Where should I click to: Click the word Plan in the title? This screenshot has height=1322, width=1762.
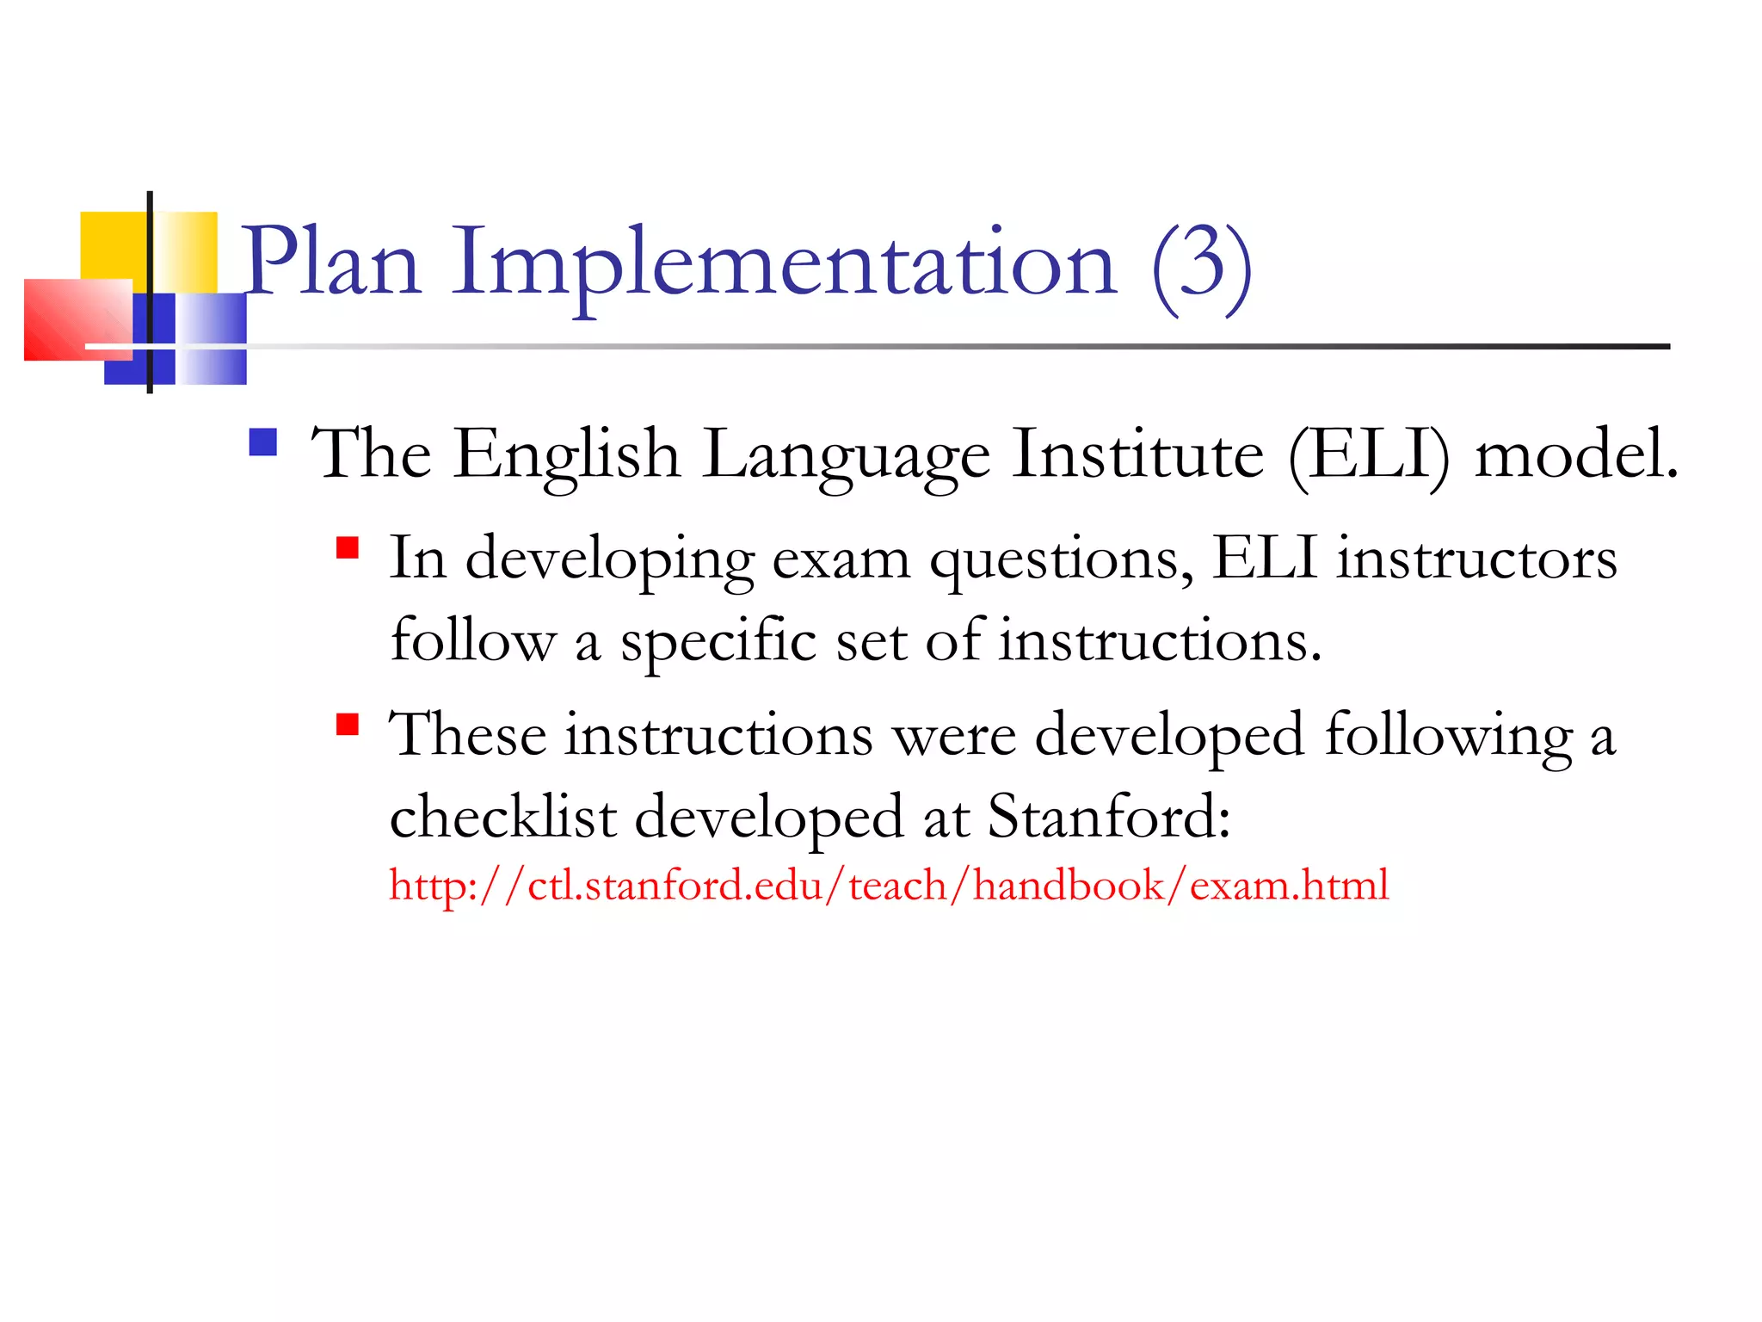(x=331, y=262)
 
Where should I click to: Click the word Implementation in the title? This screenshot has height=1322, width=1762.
(x=783, y=262)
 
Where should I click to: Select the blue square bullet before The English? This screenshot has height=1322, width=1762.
(x=262, y=442)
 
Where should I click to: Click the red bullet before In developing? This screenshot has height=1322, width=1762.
(x=347, y=548)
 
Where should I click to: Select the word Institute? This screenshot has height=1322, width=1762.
(x=1137, y=454)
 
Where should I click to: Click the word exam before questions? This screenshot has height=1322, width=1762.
(x=841, y=560)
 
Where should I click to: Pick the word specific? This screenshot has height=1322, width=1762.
(x=718, y=642)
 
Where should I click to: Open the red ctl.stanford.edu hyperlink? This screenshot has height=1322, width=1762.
(x=889, y=886)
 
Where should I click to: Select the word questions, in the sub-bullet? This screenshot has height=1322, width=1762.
(x=1062, y=560)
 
